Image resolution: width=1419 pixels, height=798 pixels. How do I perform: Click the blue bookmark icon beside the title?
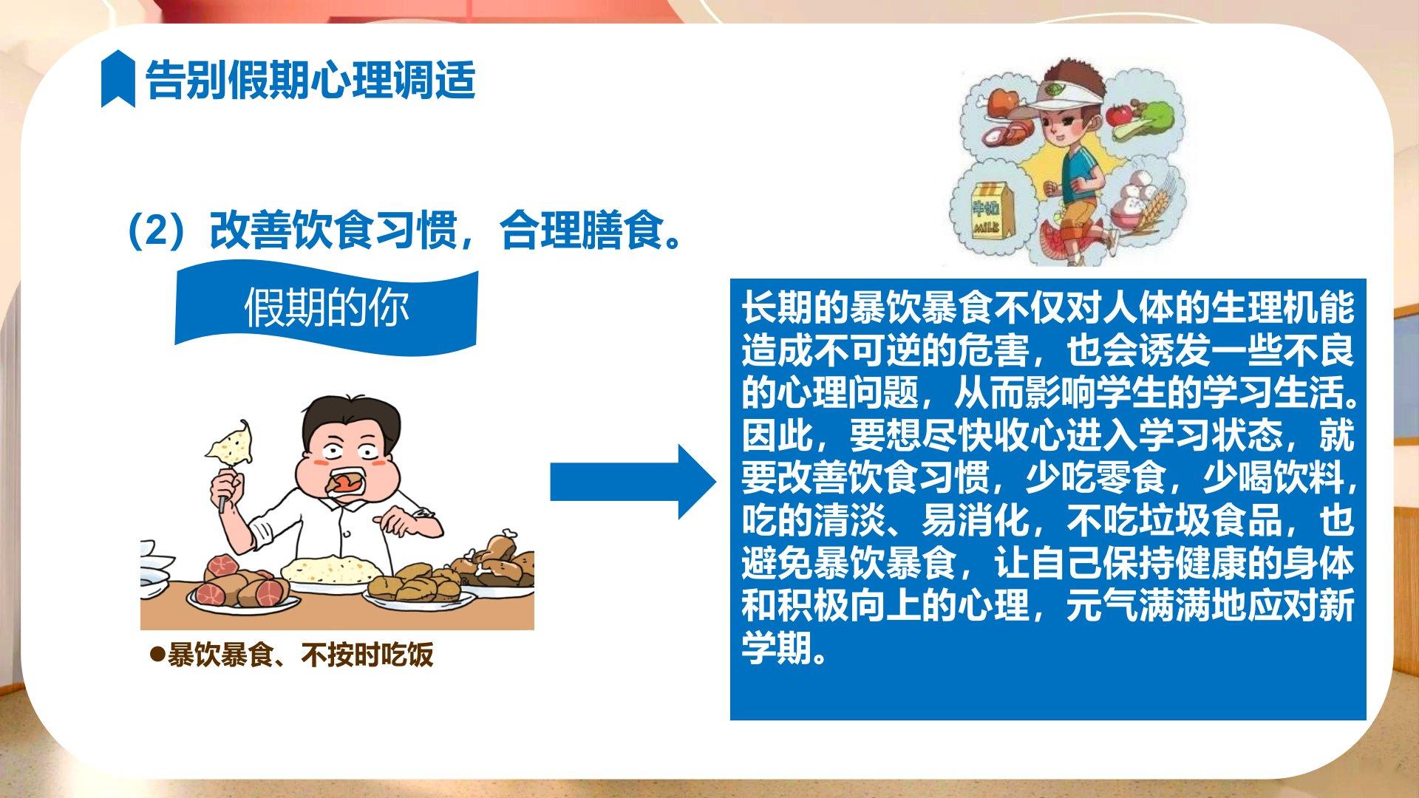118,79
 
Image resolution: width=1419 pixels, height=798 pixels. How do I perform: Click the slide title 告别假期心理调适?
310,79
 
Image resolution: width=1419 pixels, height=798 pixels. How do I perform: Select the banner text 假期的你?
326,308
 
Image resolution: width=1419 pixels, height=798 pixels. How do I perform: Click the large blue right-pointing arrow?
633,482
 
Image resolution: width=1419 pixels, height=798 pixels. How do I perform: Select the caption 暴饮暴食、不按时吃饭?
300,655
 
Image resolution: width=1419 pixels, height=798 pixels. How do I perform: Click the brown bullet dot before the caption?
157,654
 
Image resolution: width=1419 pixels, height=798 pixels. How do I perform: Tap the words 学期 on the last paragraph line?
777,648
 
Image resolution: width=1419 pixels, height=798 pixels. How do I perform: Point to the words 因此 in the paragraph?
777,436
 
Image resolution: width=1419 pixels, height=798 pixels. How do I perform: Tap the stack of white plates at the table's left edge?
157,573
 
